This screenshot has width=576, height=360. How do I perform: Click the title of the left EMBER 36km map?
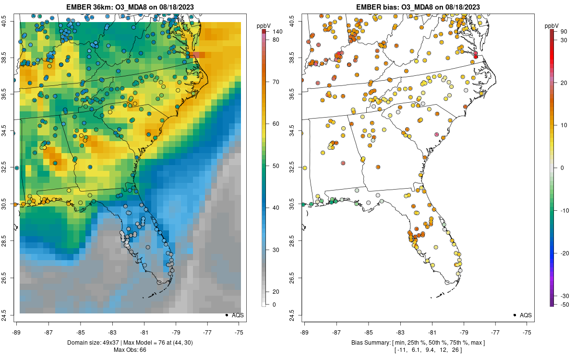(x=130, y=7)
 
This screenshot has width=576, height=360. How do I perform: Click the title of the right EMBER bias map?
(x=418, y=7)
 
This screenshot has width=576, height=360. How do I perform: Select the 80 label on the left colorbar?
(x=276, y=40)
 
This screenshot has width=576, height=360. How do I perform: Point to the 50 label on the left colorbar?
(x=276, y=166)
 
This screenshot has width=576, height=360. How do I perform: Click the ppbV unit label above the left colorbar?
(x=263, y=25)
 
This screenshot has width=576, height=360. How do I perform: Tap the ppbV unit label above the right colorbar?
(x=551, y=25)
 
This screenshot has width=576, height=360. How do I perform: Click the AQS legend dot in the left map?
(x=226, y=315)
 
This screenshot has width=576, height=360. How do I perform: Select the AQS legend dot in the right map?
(x=514, y=315)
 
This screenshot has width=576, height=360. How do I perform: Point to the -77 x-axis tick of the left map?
(x=208, y=332)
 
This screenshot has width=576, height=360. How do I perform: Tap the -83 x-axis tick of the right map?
(x=400, y=332)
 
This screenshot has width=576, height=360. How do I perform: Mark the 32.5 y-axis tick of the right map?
(x=298, y=168)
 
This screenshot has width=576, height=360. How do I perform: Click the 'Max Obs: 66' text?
(x=130, y=349)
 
